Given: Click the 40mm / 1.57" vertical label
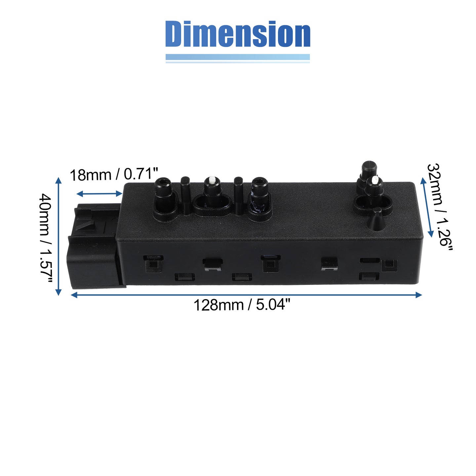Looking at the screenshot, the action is (46, 239).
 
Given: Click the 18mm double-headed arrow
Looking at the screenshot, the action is (99, 194).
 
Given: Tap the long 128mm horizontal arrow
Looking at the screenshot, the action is (246, 295).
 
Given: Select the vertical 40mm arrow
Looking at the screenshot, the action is (58, 236).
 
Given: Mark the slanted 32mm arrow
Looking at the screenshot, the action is (427, 208).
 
